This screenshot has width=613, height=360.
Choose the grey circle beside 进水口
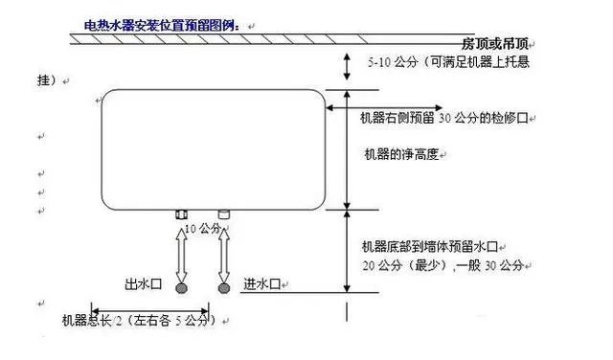tap(225, 287)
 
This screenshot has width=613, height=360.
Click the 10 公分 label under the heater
tap(203, 229)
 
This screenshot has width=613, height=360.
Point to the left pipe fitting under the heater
tap(182, 214)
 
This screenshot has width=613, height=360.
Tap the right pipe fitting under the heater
tap(224, 214)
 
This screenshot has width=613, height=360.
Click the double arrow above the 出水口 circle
tap(182, 251)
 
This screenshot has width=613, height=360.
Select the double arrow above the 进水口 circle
tap(225, 251)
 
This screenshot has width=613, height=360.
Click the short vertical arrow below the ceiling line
tap(348, 66)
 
